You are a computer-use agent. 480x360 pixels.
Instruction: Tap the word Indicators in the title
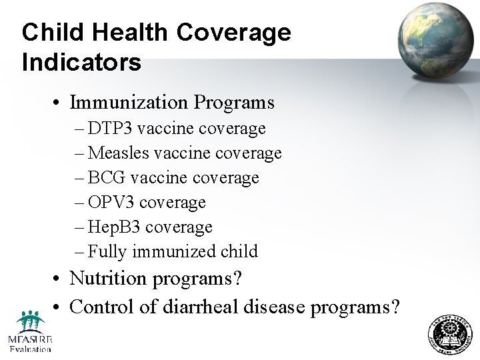[81, 62]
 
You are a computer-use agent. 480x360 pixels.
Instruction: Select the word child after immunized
[240, 251]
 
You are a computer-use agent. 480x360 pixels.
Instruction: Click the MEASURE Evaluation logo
[29, 331]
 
